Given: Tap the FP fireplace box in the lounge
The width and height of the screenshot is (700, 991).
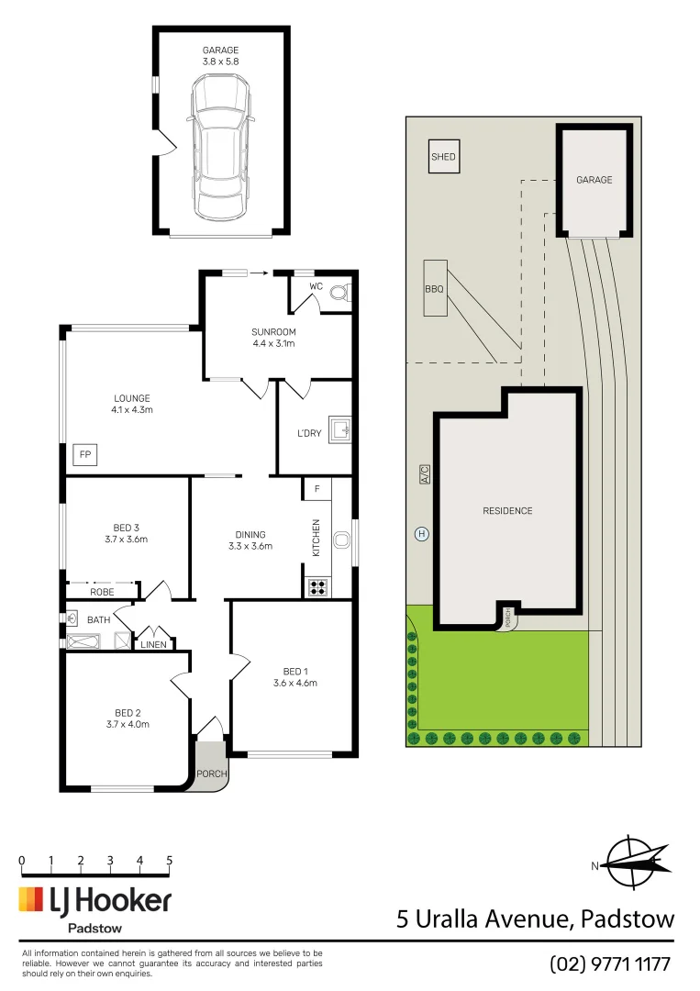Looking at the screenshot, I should (x=84, y=454).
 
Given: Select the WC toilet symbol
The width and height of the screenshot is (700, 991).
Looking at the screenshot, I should (x=340, y=295).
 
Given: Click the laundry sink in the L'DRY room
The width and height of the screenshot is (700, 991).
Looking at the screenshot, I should (x=341, y=429).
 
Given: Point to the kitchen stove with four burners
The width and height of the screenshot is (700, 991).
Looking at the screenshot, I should (x=317, y=586).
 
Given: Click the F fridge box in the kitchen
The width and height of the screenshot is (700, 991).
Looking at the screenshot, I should (x=317, y=489).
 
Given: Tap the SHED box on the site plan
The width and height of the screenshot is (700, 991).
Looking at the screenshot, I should (x=443, y=157).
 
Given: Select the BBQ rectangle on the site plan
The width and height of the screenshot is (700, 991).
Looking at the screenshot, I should (x=434, y=289).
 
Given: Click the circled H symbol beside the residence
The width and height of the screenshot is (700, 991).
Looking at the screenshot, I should (x=422, y=534).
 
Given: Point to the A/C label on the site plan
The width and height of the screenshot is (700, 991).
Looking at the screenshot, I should (x=424, y=474).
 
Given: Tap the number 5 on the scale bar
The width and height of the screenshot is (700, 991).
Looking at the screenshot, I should (x=170, y=861).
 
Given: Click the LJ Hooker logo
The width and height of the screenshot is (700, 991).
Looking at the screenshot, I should (x=95, y=900).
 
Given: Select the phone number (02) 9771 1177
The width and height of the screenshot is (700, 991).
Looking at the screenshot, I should (x=610, y=964).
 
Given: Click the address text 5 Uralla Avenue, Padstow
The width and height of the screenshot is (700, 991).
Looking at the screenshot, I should (x=535, y=919).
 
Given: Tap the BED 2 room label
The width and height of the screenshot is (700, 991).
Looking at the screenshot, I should (x=128, y=712).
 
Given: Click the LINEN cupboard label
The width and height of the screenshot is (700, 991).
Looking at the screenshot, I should (x=153, y=645).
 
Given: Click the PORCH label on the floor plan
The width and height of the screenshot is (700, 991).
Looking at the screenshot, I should (x=212, y=774).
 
